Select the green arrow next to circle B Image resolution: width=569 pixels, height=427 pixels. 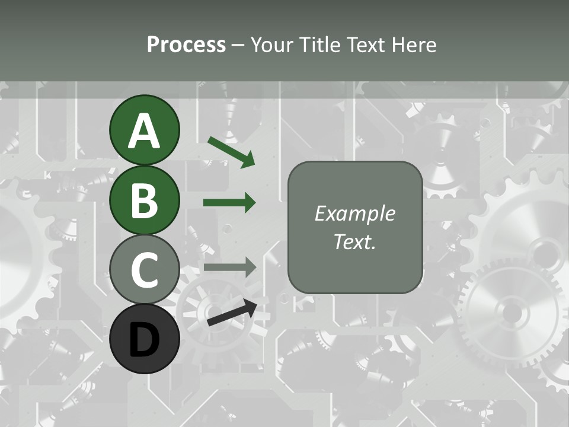tap(229, 203)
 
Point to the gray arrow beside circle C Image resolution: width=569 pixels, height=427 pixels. tap(229, 267)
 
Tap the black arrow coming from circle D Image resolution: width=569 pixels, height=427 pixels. tap(232, 314)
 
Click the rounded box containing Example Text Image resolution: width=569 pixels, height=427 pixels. tap(354, 227)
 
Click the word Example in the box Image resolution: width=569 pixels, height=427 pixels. tap(354, 213)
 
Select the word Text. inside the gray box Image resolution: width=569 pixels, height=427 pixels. tap(354, 241)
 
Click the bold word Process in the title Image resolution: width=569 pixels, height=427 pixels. tap(186, 44)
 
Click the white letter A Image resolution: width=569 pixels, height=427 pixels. tap(144, 132)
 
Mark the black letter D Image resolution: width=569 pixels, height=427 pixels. tap(144, 339)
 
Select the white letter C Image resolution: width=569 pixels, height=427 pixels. tap(144, 270)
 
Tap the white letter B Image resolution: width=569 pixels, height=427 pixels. tap(144, 200)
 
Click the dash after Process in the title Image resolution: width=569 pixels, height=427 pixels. tap(238, 45)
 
